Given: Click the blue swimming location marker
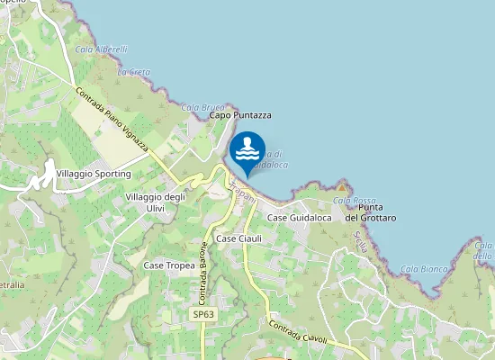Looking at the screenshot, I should (247, 151).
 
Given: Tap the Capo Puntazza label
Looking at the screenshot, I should (239, 115).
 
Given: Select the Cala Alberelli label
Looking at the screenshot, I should (102, 49).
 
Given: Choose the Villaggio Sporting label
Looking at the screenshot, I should (93, 173).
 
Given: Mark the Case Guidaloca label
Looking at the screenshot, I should (300, 219).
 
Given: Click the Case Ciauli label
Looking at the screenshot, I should (239, 238).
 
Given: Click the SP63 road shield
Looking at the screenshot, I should (203, 315).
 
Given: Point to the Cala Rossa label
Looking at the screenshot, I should (354, 200).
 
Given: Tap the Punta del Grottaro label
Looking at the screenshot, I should (372, 212).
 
